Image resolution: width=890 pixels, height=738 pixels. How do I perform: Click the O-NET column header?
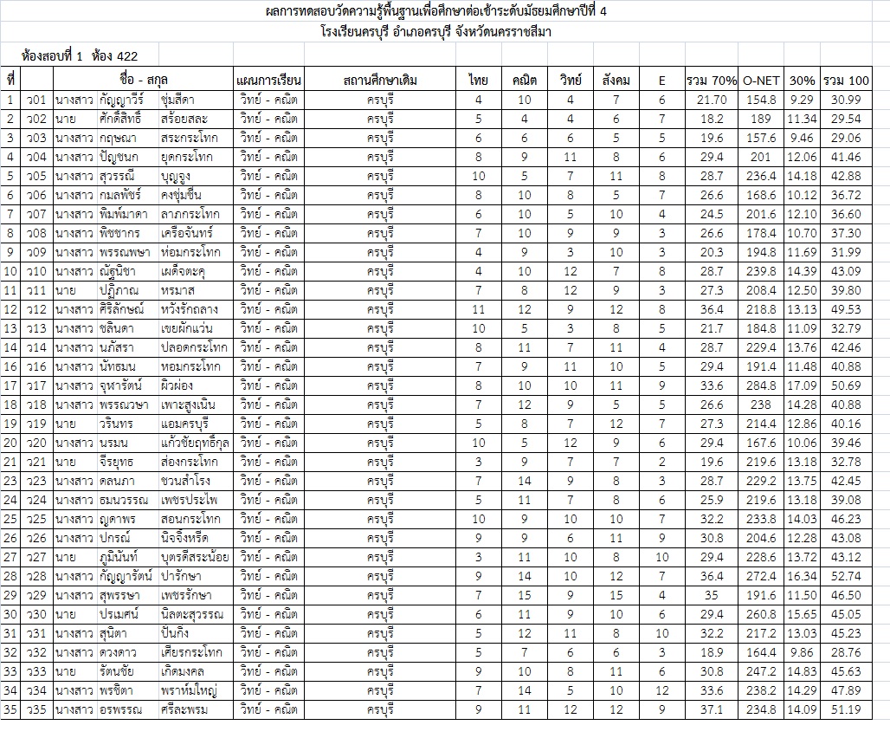coord(762,81)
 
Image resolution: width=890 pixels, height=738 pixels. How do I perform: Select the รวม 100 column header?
coord(846,81)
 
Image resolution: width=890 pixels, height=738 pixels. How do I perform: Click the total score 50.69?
coord(845,385)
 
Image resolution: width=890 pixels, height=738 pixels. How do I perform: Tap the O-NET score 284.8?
coord(762,385)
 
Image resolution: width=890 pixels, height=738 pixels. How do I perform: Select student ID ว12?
coord(35,309)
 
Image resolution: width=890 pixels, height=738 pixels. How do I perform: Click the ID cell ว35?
coord(35,709)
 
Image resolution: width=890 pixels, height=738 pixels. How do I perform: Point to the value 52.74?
coord(845,576)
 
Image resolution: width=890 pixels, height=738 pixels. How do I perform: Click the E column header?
coord(661,81)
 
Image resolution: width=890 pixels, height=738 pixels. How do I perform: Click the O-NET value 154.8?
coord(762,100)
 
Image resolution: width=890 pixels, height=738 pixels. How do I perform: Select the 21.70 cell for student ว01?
coord(712,100)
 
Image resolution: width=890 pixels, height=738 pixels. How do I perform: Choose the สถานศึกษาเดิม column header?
coord(380,81)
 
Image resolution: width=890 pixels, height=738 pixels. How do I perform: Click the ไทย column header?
coord(478,81)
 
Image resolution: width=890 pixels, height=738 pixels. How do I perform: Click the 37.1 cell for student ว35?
coord(712,709)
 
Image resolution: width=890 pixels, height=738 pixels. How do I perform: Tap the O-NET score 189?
coord(762,119)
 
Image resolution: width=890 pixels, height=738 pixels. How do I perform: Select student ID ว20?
coord(35,443)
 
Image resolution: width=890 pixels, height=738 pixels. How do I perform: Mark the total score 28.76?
coord(845,652)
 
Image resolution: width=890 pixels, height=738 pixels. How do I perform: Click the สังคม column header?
coord(616,81)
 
